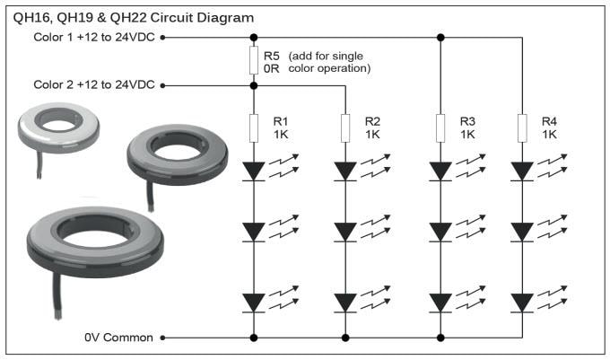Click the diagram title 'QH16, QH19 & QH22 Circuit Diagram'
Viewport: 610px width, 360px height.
click(133, 17)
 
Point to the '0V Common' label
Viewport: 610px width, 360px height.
click(118, 338)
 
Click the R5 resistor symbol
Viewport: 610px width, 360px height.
click(254, 61)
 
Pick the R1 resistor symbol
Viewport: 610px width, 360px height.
click(254, 127)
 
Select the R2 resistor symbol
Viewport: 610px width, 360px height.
click(345, 127)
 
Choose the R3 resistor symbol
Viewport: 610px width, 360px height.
click(440, 127)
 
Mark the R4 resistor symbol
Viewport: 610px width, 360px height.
click(522, 127)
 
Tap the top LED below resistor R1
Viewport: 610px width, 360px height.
click(254, 171)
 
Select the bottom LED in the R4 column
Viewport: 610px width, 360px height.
click(522, 301)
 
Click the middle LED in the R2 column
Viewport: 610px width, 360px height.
click(345, 232)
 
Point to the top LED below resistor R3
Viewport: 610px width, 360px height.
click(440, 171)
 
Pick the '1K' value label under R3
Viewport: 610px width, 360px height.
click(466, 134)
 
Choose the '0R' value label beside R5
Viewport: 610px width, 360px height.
click(273, 68)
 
